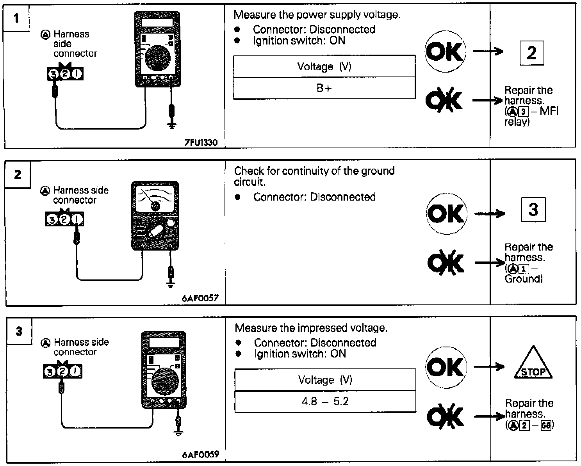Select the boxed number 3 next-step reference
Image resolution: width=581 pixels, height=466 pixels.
(533, 210)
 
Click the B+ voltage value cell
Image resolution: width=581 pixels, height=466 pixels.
(324, 88)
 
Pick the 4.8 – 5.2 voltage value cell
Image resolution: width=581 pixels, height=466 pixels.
(325, 402)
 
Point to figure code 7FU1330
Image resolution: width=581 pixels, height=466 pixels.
(201, 143)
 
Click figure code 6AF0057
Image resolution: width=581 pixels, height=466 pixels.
(200, 299)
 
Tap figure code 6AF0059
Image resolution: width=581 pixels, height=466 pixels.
(201, 455)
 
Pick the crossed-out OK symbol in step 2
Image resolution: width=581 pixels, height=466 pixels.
(446, 262)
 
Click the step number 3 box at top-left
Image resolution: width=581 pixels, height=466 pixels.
(19, 331)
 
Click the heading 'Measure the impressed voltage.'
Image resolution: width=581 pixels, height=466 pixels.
(311, 328)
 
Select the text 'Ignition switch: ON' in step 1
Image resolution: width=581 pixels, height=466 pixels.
(299, 41)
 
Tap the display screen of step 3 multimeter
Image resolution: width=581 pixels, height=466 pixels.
(164, 343)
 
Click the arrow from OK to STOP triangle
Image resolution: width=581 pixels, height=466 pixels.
(489, 366)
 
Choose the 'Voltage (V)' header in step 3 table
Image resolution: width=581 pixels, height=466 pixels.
(325, 380)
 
